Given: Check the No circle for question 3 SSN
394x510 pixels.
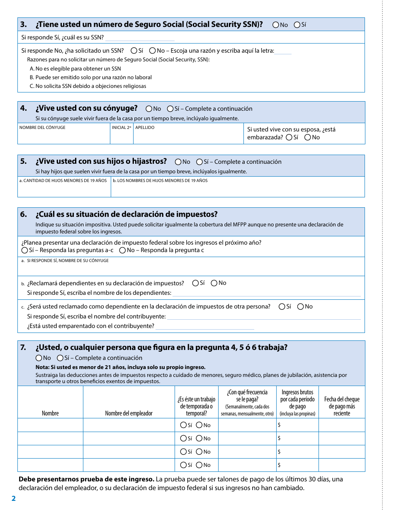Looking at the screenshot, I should (276, 25).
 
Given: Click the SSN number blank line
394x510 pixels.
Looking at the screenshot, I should (140, 38).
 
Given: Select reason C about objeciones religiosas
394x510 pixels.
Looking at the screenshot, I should (88, 86).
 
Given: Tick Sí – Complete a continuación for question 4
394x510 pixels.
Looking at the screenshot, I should (170, 109).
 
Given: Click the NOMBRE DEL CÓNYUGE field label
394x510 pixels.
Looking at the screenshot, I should (42, 127).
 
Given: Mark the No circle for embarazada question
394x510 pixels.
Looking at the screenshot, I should (307, 137).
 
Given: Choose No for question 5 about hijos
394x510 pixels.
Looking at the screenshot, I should (178, 162).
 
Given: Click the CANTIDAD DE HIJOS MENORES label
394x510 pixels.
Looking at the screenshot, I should (63, 181).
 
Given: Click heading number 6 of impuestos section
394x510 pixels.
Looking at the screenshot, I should (24, 214).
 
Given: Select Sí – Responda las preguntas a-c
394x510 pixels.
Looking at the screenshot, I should (24, 250).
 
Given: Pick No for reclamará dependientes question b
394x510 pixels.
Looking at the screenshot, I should (214, 283).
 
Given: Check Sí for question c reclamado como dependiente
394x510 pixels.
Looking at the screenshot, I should (282, 307).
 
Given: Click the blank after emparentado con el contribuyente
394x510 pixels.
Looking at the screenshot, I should (205, 326).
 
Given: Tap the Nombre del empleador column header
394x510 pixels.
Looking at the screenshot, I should (129, 413).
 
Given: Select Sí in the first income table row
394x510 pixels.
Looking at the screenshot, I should (183, 425).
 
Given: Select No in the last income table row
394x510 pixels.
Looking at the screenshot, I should (199, 465).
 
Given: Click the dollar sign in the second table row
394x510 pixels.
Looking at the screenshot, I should (279, 438).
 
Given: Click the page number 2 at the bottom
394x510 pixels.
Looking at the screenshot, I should (13, 498).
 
